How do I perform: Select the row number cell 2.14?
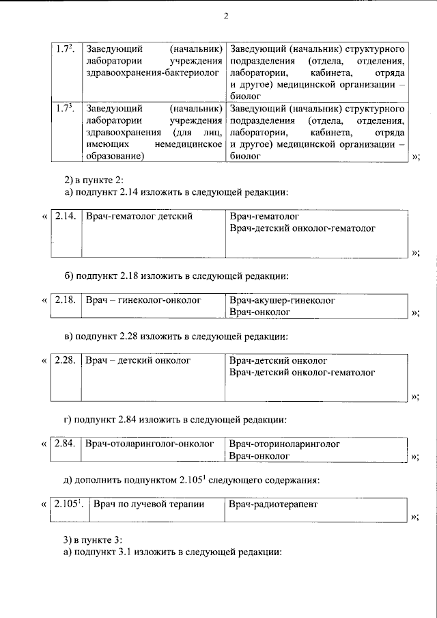65,216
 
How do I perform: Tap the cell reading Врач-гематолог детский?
139,216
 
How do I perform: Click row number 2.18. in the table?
65,300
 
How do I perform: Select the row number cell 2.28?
65,360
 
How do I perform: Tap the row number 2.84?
65,444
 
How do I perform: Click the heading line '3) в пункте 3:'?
93,539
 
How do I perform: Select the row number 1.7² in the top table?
66,50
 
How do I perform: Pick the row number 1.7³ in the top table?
66,108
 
